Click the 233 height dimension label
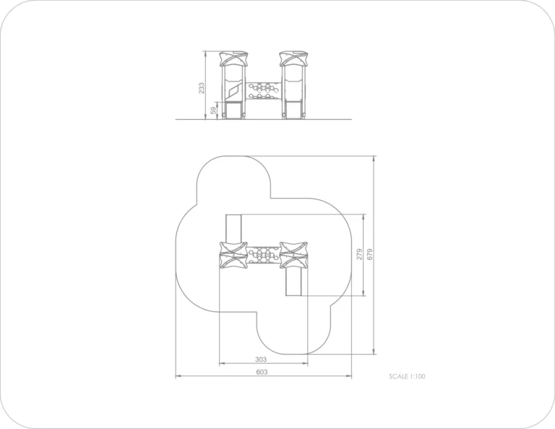pyautogui.click(x=202, y=88)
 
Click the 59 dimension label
pyautogui.click(x=213, y=110)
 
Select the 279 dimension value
pyautogui.click(x=360, y=254)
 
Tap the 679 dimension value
pyautogui.click(x=370, y=254)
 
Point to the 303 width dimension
pyautogui.click(x=261, y=360)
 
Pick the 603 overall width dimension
pyautogui.click(x=262, y=372)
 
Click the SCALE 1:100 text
pyautogui.click(x=407, y=376)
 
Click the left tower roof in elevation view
pyautogui.click(x=233, y=58)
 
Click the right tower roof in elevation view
pyautogui.click(x=294, y=58)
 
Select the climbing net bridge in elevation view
pyautogui.click(x=263, y=91)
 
